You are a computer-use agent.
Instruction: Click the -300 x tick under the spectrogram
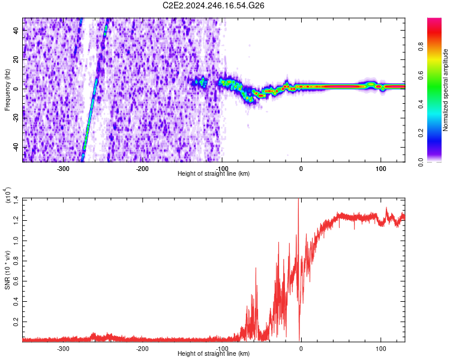point(63,168)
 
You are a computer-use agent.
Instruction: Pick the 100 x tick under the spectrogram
point(380,168)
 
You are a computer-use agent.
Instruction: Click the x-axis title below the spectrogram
point(214,173)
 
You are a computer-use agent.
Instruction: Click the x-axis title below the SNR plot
point(214,354)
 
